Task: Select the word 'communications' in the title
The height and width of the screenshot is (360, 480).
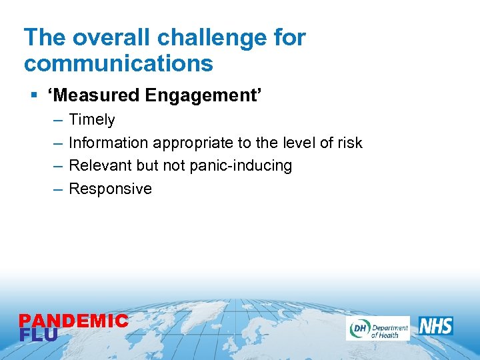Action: [118, 64]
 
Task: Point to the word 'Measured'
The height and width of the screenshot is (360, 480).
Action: [95, 96]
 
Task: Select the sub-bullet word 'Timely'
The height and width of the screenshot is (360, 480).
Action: [92, 120]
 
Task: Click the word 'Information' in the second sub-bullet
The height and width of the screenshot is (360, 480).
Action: [109, 143]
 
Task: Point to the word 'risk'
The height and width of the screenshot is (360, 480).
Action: [350, 143]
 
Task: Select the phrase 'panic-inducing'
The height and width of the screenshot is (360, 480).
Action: [241, 165]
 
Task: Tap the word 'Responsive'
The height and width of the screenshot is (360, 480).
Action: [110, 189]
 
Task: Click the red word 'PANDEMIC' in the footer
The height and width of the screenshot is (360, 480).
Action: [73, 321]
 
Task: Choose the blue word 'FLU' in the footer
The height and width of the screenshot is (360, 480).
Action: [39, 335]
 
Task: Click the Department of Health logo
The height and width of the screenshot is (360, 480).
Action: [377, 328]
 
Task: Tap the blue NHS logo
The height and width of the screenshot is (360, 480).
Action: [436, 326]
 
